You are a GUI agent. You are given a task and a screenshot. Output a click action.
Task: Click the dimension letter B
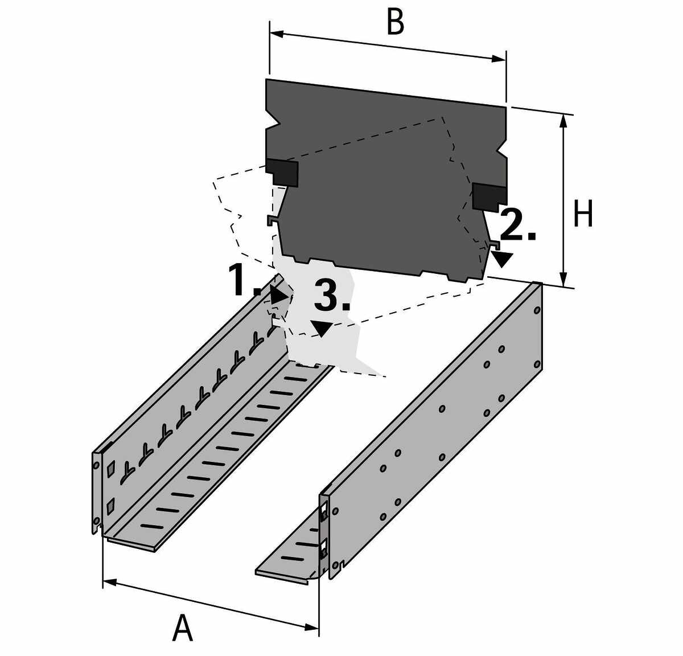(x=394, y=22)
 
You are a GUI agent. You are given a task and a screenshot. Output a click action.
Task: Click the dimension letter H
(x=583, y=214)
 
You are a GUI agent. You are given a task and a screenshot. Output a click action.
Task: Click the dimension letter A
(x=182, y=628)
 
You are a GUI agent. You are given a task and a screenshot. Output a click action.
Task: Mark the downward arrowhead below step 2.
(x=503, y=260)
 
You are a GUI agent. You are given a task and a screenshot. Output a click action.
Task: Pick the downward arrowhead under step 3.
(x=322, y=329)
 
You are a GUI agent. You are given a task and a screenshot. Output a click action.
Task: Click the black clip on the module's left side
(x=283, y=171)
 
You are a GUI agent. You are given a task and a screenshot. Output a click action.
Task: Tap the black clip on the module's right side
(x=489, y=196)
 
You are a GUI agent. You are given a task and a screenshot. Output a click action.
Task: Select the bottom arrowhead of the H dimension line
(x=563, y=278)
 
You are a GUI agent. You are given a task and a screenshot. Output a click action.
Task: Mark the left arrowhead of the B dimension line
(x=277, y=34)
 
